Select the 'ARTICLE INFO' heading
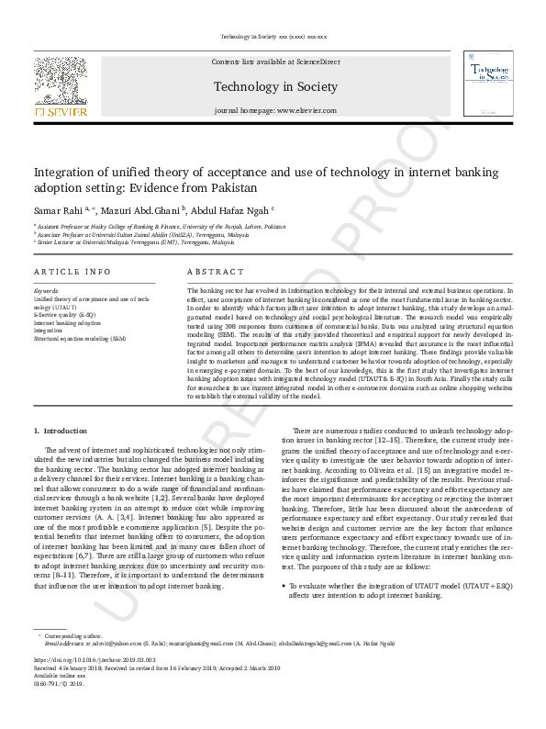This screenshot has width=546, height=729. pyautogui.click(x=72, y=273)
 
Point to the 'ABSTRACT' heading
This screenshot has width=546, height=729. pyautogui.click(x=216, y=273)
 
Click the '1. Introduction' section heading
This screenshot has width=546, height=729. pyautogui.click(x=61, y=431)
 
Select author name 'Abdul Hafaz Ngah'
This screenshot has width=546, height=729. pyautogui.click(x=232, y=209)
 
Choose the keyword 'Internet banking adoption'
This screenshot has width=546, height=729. pyautogui.click(x=67, y=323)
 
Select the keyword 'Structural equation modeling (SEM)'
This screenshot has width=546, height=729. pyautogui.click(x=80, y=338)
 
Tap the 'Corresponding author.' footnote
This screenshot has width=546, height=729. pyautogui.click(x=72, y=635)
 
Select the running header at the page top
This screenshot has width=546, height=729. pyautogui.click(x=273, y=37)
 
